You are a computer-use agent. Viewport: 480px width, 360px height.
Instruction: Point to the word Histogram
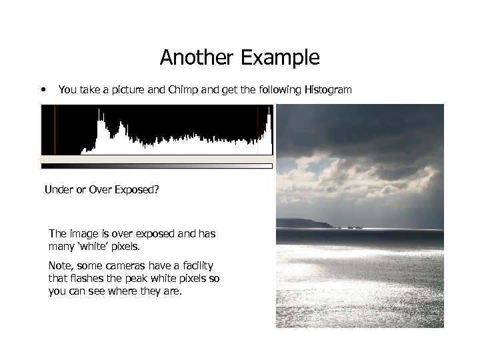click(327, 89)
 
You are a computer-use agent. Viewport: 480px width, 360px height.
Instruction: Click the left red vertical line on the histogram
click(55, 130)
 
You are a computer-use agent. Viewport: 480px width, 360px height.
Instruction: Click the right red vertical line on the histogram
click(257, 130)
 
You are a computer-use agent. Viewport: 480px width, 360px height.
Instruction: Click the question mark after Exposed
click(157, 190)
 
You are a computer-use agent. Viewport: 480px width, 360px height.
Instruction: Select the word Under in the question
click(58, 190)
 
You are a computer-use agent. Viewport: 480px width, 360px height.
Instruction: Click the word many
click(62, 247)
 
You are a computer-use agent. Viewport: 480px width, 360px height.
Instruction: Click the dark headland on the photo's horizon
click(303, 223)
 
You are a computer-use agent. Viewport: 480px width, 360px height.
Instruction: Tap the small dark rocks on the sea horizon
click(349, 227)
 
